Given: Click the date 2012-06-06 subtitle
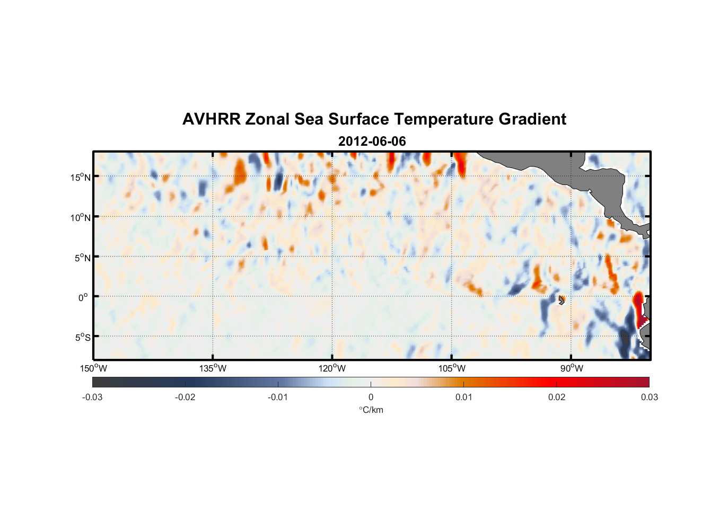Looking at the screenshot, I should pyautogui.click(x=372, y=142).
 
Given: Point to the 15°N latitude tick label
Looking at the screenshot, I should pyautogui.click(x=80, y=177).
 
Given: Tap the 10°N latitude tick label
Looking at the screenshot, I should pyautogui.click(x=80, y=217).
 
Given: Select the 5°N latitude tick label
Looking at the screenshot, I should pyautogui.click(x=82, y=258).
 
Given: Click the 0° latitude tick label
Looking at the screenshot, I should pyautogui.click(x=83, y=297).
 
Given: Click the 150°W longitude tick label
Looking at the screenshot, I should pyautogui.click(x=94, y=368).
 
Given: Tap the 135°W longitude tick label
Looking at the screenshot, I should pyautogui.click(x=213, y=368).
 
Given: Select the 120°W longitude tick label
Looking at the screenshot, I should pyautogui.click(x=332, y=368).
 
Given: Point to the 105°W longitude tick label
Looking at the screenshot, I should pyautogui.click(x=452, y=368).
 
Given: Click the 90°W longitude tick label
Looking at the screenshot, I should pyautogui.click(x=572, y=368).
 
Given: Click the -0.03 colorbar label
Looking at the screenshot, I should pyautogui.click(x=92, y=397).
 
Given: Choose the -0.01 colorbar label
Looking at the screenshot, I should pyautogui.click(x=278, y=397).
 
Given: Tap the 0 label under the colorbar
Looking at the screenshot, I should pyautogui.click(x=371, y=397).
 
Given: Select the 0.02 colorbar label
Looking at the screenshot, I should pyautogui.click(x=557, y=397).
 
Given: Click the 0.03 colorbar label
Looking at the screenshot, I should pyautogui.click(x=649, y=397).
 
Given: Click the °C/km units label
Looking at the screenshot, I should pyautogui.click(x=371, y=410).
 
